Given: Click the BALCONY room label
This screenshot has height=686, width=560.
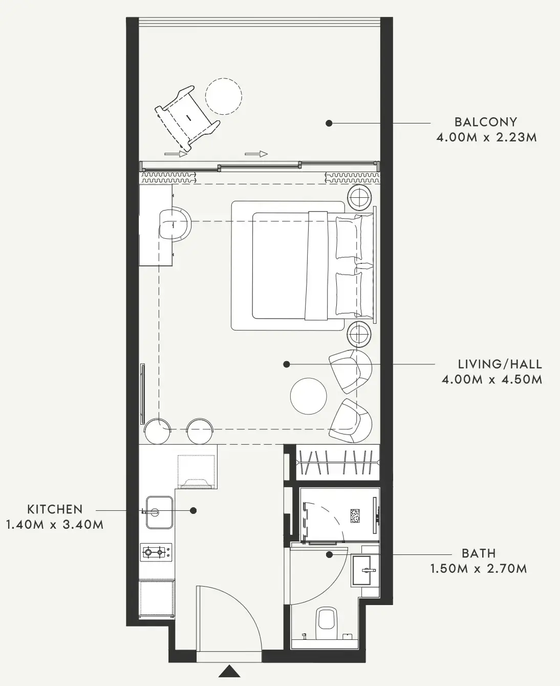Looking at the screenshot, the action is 486,122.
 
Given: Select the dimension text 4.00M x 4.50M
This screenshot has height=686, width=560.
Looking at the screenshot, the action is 492,380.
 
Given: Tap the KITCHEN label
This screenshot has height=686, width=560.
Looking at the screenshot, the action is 55,509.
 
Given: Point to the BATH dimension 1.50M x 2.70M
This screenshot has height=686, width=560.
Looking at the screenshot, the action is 479,569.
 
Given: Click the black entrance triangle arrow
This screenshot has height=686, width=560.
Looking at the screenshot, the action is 229,669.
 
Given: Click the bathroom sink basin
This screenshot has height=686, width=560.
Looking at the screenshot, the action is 365,570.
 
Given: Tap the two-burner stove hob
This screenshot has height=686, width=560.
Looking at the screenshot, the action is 156,552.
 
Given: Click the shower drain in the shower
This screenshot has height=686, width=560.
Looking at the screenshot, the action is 355,516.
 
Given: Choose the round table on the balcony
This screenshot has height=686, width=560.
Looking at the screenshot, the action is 224,96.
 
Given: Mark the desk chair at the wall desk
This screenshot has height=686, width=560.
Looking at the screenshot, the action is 175,224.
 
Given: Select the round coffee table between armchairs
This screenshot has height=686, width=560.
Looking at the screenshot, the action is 308,396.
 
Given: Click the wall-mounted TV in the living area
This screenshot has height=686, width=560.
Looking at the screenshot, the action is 142,394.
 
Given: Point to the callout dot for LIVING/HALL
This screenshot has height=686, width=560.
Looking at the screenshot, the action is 286,364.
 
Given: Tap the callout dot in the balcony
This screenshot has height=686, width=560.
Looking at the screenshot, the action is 329,123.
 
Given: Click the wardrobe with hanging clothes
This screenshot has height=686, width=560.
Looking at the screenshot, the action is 338,462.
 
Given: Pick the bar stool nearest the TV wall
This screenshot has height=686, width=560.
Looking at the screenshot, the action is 157,431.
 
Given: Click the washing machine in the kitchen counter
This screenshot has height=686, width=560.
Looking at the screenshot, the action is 196,472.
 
